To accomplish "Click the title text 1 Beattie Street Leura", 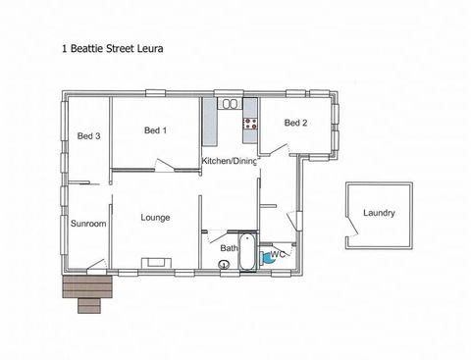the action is [113, 49].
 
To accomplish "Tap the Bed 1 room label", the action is [155, 130].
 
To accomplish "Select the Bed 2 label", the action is [295, 123].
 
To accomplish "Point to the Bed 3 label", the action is [88, 135].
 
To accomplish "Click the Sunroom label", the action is [88, 224].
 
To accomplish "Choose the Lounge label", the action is [155, 218].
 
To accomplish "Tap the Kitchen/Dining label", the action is [229, 161].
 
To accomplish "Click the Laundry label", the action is [379, 213].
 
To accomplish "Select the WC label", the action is [278, 254].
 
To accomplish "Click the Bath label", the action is [229, 248].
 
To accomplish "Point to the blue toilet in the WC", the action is [267, 257].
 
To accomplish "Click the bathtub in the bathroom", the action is [247, 251].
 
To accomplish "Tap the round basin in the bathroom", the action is [224, 264].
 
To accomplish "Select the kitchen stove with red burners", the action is [250, 124].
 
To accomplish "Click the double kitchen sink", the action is [230, 104].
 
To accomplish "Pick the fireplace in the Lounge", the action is [156, 263].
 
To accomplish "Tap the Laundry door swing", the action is [352, 225].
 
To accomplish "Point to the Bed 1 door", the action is [165, 165].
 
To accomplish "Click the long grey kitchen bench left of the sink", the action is [210, 122].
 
